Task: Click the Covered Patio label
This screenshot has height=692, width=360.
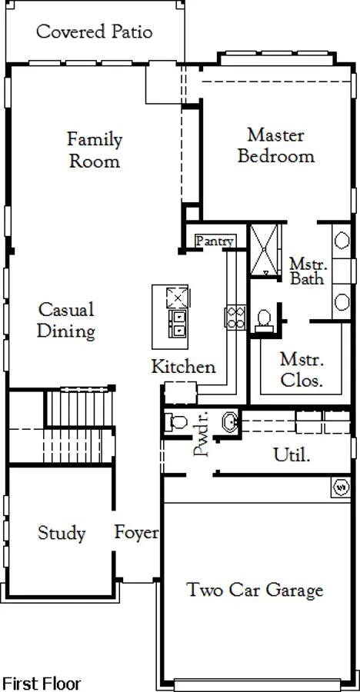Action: (95, 32)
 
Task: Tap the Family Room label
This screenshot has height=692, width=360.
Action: (95, 150)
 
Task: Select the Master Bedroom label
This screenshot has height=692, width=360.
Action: (276, 145)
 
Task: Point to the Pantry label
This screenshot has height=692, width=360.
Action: (215, 241)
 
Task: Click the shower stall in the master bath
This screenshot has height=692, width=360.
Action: (265, 250)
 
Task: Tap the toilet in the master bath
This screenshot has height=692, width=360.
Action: (264, 321)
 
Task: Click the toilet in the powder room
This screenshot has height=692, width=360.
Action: (176, 422)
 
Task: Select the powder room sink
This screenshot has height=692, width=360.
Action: (230, 422)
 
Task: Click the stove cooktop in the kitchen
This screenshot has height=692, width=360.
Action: (235, 318)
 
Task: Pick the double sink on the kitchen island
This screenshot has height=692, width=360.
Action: (179, 324)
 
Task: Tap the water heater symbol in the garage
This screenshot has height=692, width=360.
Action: (341, 488)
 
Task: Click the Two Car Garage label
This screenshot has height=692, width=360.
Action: (255, 590)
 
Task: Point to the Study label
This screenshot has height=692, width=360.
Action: (62, 533)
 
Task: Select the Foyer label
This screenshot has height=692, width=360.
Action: (136, 533)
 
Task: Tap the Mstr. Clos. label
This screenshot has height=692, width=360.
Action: (302, 371)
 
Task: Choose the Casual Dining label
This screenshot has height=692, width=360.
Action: (66, 321)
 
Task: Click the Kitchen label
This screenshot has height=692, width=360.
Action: (183, 367)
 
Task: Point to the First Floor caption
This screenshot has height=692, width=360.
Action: (42, 684)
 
